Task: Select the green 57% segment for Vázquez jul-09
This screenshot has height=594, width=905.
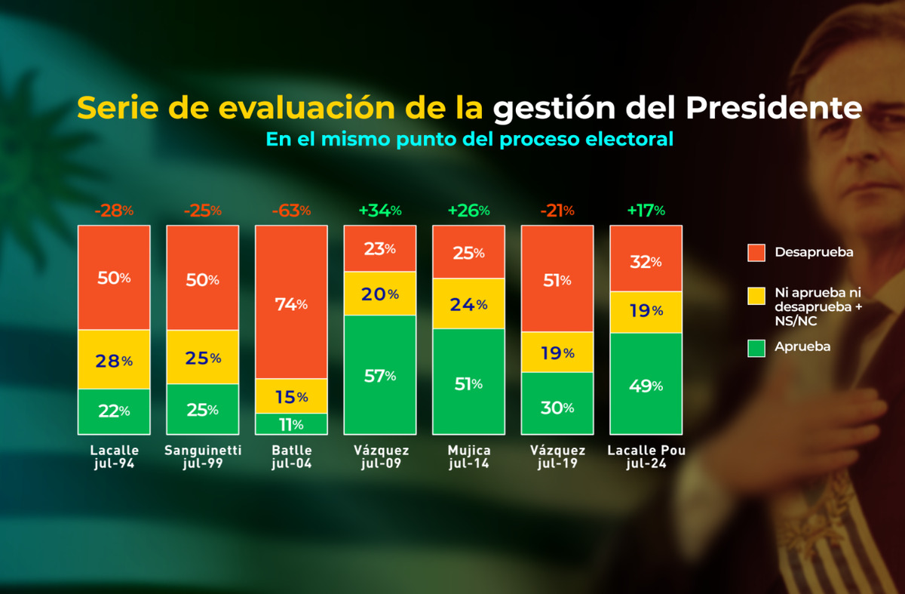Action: [380, 375]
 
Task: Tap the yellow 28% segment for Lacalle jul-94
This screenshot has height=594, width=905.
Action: [114, 360]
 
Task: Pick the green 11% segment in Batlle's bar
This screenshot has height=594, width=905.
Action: [291, 424]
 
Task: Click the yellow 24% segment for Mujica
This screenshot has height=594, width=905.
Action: [468, 305]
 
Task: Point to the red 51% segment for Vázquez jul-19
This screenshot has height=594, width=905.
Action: [557, 279]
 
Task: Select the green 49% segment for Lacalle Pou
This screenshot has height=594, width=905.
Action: [646, 385]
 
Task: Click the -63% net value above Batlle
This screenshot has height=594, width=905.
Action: [291, 211]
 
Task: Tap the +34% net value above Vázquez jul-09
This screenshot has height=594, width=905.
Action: [381, 211]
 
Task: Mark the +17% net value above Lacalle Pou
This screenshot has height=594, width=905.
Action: [646, 211]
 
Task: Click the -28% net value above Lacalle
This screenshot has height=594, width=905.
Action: [114, 211]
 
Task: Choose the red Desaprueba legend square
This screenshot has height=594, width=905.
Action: [756, 252]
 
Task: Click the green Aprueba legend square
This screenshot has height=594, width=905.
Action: [756, 348]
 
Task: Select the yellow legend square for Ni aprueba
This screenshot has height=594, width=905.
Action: [756, 297]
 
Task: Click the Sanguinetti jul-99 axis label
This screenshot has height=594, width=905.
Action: [203, 457]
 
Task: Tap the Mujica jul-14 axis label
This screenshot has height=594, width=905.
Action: [468, 457]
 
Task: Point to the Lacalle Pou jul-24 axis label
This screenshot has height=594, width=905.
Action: [646, 457]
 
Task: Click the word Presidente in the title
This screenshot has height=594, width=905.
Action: [773, 109]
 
